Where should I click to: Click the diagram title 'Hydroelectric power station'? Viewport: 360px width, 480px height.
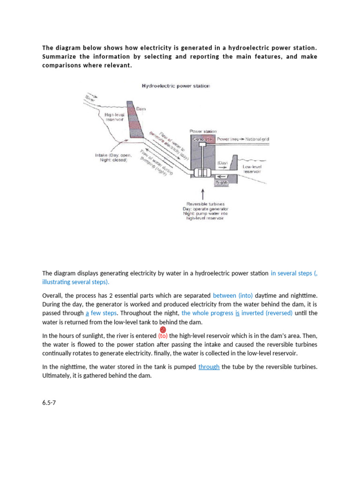pyautogui.click(x=176, y=86)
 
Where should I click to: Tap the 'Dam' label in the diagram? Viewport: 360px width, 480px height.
pyautogui.click(x=141, y=108)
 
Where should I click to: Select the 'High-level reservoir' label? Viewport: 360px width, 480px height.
pyautogui.click(x=114, y=116)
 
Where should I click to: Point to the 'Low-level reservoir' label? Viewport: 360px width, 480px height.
pyautogui.click(x=252, y=169)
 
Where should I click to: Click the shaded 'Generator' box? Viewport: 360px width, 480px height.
pyautogui.click(x=202, y=139)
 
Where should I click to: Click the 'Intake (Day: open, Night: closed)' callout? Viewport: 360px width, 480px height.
pyautogui.click(x=112, y=157)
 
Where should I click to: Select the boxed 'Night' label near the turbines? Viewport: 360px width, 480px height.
pyautogui.click(x=221, y=182)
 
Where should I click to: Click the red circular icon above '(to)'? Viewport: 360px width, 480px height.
pyautogui.click(x=164, y=330)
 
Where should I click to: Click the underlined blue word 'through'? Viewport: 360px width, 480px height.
pyautogui.click(x=209, y=367)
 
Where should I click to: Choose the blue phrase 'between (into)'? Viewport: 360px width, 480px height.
pyautogui.click(x=232, y=296)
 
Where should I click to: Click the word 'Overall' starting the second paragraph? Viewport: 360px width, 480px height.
pyautogui.click(x=52, y=296)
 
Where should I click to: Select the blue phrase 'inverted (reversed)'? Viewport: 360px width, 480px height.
pyautogui.click(x=267, y=313)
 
